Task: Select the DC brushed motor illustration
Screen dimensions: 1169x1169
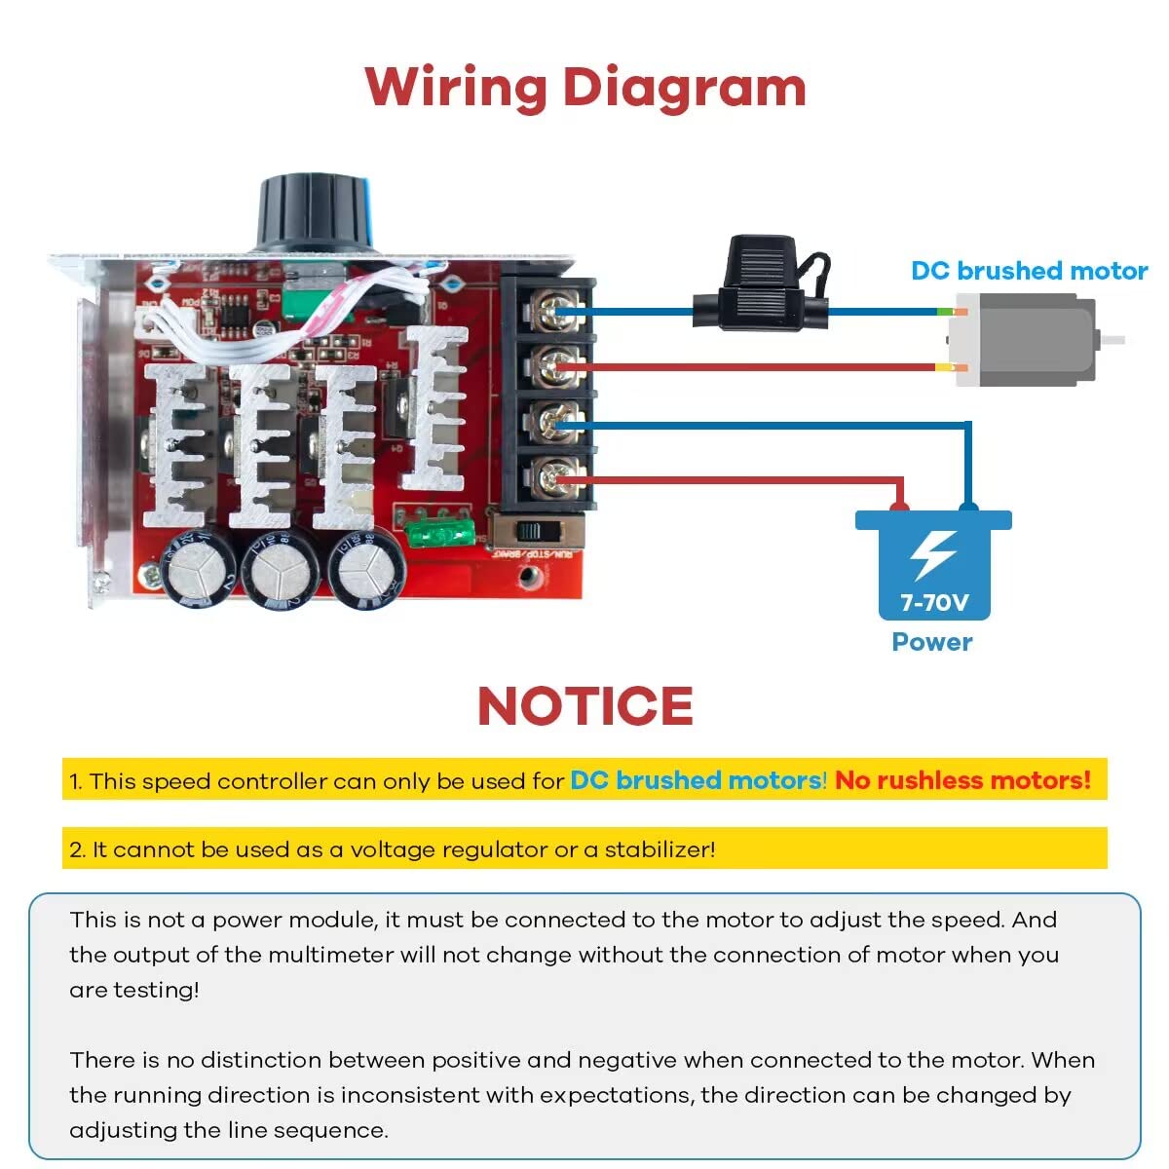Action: (1023, 340)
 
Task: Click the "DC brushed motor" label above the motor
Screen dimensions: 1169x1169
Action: (1029, 271)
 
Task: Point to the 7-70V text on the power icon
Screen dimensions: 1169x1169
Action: (933, 602)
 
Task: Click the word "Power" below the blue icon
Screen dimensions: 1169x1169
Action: (932, 642)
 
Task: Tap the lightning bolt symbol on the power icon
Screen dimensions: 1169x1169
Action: (932, 555)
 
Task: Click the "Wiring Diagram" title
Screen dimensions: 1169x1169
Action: (585, 87)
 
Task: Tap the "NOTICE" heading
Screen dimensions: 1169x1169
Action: (584, 706)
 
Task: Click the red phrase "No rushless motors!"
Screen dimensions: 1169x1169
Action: (962, 780)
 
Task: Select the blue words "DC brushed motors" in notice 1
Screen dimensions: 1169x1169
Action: (697, 780)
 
